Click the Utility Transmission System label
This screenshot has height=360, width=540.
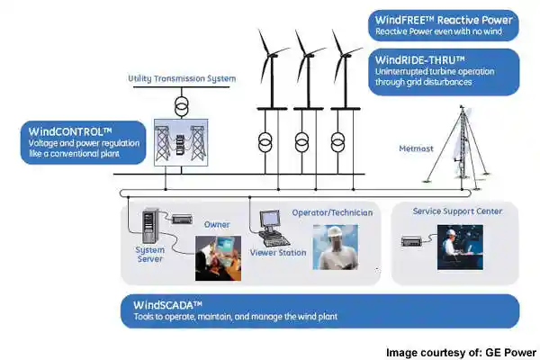(182, 79)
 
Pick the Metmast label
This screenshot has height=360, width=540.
(416, 147)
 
